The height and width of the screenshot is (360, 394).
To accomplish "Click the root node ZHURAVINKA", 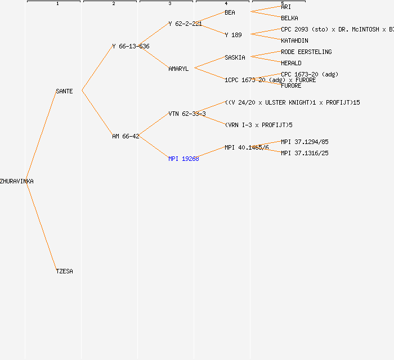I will pyautogui.click(x=17, y=181).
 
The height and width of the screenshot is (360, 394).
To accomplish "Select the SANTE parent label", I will pyautogui.click(x=64, y=91).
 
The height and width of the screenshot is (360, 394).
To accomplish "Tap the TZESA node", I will pyautogui.click(x=64, y=271).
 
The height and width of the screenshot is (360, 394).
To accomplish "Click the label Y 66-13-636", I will pyautogui.click(x=131, y=46).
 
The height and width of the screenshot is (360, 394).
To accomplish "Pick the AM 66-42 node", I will pyautogui.click(x=126, y=136).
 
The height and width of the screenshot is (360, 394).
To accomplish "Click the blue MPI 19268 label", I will pyautogui.click(x=183, y=159).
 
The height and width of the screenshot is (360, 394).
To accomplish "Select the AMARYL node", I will pyautogui.click(x=178, y=69).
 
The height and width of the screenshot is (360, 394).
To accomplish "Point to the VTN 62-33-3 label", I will pyautogui.click(x=187, y=114).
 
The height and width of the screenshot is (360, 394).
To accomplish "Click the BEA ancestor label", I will pyautogui.click(x=230, y=12).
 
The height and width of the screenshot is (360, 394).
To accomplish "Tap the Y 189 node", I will pyautogui.click(x=233, y=35).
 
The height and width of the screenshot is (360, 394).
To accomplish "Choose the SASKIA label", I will pyautogui.click(x=235, y=57).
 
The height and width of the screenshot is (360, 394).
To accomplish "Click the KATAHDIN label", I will pyautogui.click(x=294, y=40).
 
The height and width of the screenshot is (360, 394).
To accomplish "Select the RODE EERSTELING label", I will pyautogui.click(x=306, y=52).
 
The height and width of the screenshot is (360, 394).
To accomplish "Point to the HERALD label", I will pyautogui.click(x=291, y=63).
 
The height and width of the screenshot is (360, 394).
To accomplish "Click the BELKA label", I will pyautogui.click(x=289, y=18).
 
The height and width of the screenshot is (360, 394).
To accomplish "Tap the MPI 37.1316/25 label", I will pyautogui.click(x=305, y=153).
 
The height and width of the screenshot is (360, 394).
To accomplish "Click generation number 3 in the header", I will pyautogui.click(x=169, y=4).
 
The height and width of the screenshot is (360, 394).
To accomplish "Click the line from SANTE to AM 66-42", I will pyautogui.click(x=97, y=112).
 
